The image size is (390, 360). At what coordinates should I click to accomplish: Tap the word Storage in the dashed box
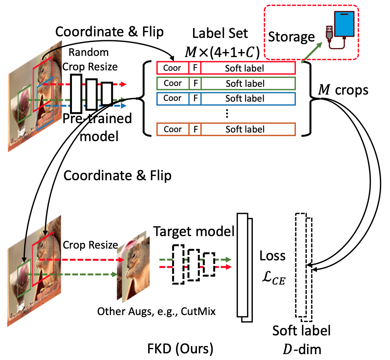coord(292,37)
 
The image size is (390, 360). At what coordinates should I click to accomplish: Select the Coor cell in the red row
coord(172,68)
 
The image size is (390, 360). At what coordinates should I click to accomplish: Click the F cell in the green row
coord(195,83)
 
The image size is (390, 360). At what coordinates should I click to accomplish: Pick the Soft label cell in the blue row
coord(245,99)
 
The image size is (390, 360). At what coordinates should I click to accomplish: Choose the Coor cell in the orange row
coord(172,129)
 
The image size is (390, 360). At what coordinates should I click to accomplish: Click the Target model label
coord(193,232)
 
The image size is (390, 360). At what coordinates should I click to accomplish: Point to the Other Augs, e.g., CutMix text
coord(156,311)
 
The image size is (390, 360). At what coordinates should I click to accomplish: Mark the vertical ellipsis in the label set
coord(227,114)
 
